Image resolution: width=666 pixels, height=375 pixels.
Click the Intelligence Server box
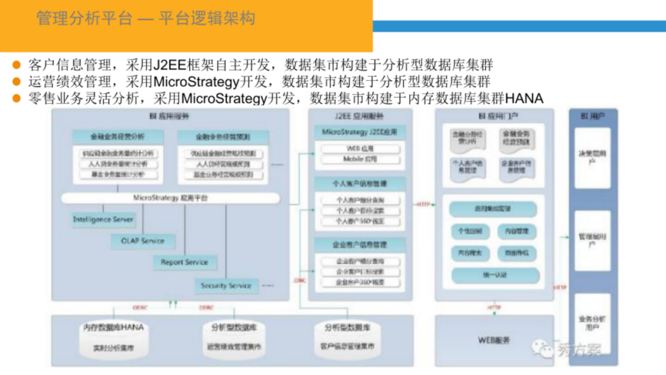coord(102,220)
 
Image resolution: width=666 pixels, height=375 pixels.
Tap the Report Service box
coord(184,262)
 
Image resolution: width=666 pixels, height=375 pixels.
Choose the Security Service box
coord(226,286)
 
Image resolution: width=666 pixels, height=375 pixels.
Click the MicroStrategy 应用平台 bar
coord(171,198)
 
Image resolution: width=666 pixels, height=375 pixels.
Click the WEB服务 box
coord(494,340)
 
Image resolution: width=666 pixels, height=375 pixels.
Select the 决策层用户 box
coord(592,157)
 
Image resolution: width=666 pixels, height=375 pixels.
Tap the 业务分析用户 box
coord(592,323)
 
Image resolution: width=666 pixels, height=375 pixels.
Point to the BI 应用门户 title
coord(491,116)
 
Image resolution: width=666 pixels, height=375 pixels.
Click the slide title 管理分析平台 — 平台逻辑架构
coord(146,19)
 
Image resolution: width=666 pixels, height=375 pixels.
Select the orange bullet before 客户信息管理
coord(17,65)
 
